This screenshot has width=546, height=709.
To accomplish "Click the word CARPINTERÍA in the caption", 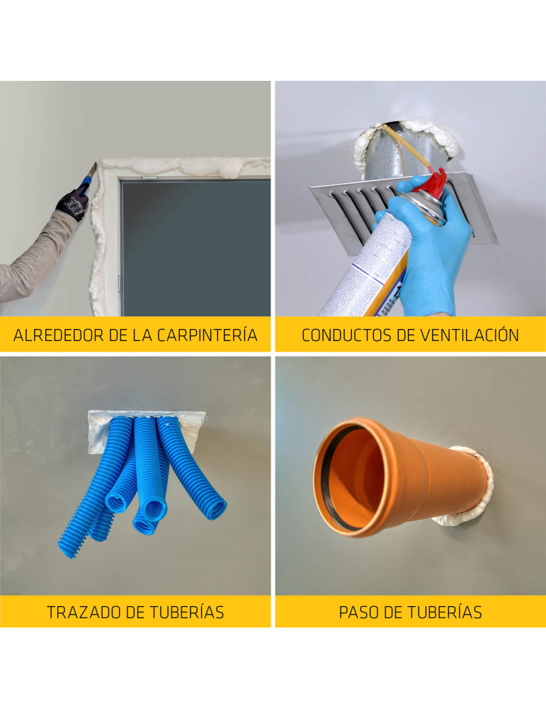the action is pyautogui.click(x=207, y=335).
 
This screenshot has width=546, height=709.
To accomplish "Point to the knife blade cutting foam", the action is pyautogui.click(x=92, y=170).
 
